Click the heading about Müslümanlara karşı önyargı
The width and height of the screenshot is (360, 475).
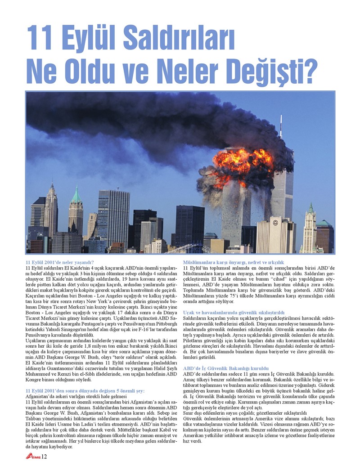tap(233, 262)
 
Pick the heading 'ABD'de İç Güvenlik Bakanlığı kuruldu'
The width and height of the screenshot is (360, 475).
tap(227, 367)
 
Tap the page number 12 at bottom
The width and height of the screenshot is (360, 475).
tap(44, 457)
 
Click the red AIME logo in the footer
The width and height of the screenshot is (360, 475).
tap(33, 457)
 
